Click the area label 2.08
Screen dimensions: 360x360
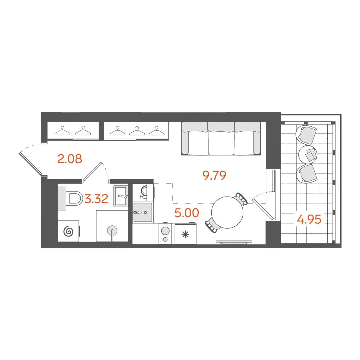(x=69, y=159)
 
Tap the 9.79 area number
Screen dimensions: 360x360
(x=215, y=175)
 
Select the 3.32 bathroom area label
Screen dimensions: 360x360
(x=96, y=199)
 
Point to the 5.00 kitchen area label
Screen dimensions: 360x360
(x=186, y=213)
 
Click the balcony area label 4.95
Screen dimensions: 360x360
(x=309, y=220)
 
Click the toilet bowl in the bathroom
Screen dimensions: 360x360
(x=75, y=198)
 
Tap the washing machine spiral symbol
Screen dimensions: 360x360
(x=68, y=231)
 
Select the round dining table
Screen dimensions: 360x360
(x=227, y=212)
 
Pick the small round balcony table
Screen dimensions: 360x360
(x=308, y=154)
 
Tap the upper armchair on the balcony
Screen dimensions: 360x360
(x=306, y=135)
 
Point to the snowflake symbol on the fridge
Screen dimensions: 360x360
(x=185, y=235)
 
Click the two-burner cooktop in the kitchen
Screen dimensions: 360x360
(x=165, y=234)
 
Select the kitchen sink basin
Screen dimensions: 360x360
(x=143, y=212)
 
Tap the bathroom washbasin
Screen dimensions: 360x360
(x=121, y=196)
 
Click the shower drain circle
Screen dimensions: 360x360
(x=112, y=230)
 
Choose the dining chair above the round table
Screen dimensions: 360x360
(x=241, y=198)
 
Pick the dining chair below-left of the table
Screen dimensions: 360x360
(x=212, y=225)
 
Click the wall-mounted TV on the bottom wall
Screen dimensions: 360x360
(x=234, y=242)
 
